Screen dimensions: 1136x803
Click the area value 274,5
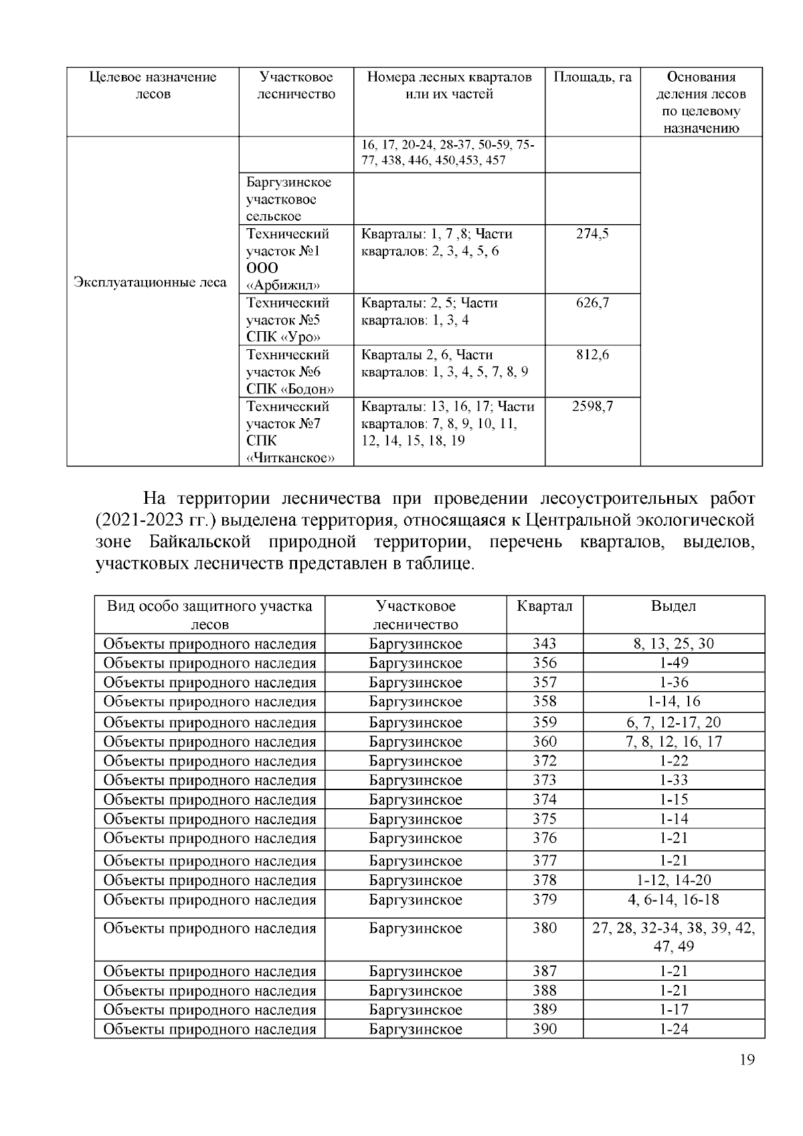coord(592,234)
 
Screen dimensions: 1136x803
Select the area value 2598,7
coord(592,406)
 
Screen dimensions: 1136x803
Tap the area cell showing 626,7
coord(592,303)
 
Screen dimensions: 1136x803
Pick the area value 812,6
coord(592,355)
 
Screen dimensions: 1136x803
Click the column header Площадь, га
coord(592,78)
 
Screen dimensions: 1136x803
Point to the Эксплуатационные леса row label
coord(150,282)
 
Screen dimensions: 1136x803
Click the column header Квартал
coord(544,607)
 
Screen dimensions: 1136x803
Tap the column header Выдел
coord(673,607)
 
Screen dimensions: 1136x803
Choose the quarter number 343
coord(544,644)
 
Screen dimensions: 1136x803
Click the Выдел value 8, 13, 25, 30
coord(673,644)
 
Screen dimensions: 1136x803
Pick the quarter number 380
coord(544,929)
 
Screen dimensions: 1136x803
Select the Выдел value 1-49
coord(673,663)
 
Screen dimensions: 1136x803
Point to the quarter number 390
coord(544,1029)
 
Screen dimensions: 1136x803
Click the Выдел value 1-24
coord(673,1029)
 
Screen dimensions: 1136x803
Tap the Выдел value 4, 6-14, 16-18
coord(673,900)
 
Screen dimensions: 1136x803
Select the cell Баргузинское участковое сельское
coord(288,199)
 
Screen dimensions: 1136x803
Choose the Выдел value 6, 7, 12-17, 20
coord(673,723)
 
